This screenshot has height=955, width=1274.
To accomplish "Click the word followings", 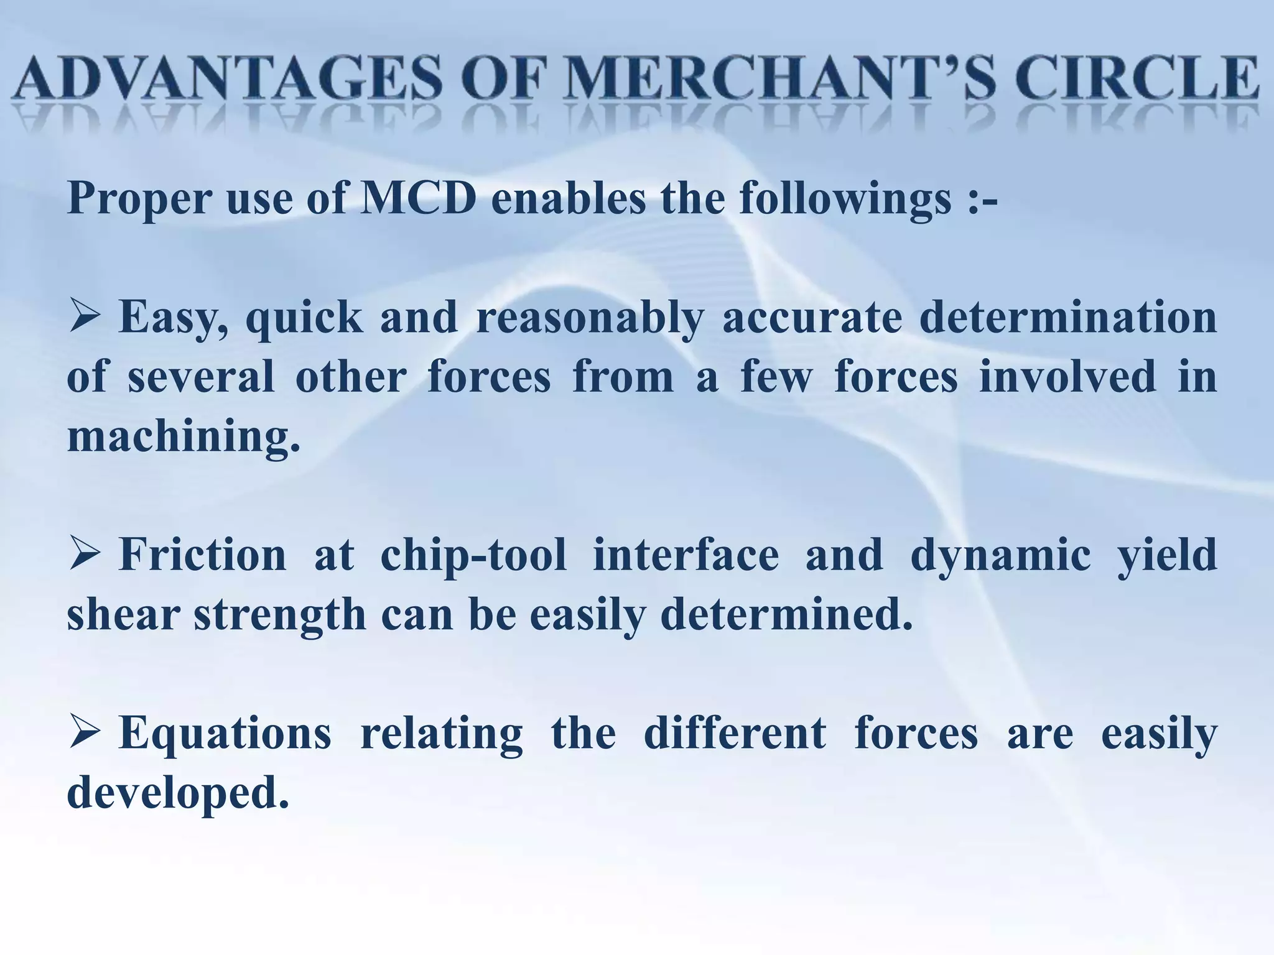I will [845, 199].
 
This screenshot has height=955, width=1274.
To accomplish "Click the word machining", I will [183, 436].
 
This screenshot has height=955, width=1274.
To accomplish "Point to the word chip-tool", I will [473, 555].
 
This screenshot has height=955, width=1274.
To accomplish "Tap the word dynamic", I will [1000, 556].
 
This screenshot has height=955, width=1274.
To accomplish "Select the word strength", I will [280, 615].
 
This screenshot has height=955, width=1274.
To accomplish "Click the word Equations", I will [225, 734].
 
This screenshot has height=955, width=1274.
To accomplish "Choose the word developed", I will [178, 793].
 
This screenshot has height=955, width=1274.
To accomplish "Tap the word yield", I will [1167, 556].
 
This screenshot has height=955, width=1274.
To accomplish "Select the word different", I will [735, 732].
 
